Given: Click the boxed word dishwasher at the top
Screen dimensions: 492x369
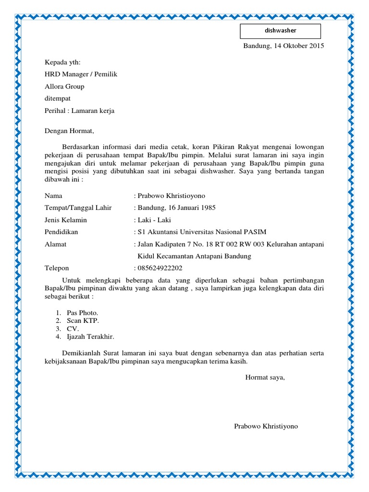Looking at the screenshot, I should tap(281, 31).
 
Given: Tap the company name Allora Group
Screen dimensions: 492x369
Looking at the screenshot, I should tap(64, 86).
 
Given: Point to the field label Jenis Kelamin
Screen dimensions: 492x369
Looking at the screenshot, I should tap(66, 220).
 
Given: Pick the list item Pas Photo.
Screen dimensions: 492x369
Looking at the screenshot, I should tap(83, 313).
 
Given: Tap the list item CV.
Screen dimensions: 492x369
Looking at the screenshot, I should tap(73, 329).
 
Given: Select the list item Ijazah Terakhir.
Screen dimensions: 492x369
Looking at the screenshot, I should tap(90, 337).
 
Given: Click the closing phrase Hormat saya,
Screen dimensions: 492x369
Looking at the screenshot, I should tap(265, 377).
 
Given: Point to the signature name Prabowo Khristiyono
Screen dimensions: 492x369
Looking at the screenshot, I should tap(266, 426).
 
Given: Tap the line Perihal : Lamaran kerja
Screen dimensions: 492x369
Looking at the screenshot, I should tap(80, 111).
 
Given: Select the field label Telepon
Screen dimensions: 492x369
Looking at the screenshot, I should tap(57, 268).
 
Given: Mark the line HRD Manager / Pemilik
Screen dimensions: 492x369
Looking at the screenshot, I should tap(81, 74).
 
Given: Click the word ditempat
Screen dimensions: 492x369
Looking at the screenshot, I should tap(58, 98).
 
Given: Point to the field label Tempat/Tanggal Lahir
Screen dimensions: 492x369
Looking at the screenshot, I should tap(78, 208).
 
